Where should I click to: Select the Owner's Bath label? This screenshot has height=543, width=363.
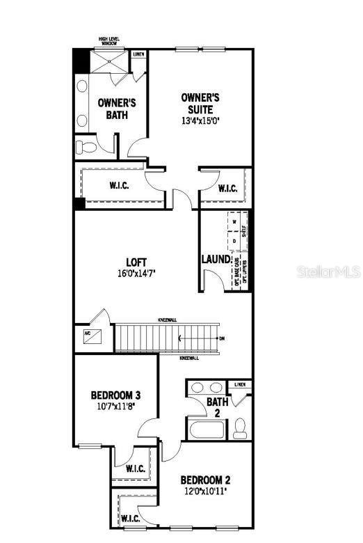coord(116,109)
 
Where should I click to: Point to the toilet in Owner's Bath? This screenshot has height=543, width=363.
coord(86,147)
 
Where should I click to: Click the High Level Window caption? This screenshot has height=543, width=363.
coord(108,42)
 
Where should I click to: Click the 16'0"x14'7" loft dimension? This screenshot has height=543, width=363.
coord(136,274)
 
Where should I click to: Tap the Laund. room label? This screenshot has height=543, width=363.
coord(216,260)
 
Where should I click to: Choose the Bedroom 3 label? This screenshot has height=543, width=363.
coord(115,396)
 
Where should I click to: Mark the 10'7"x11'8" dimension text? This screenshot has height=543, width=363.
coord(115,407)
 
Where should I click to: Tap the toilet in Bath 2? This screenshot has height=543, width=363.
coord(241,427)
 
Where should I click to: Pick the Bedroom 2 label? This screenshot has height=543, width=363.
coord(205,480)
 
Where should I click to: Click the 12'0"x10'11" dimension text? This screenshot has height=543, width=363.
coord(205,491)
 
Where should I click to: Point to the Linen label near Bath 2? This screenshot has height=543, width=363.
coord(240,384)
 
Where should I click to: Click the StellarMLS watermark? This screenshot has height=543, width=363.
coord(328,271)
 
